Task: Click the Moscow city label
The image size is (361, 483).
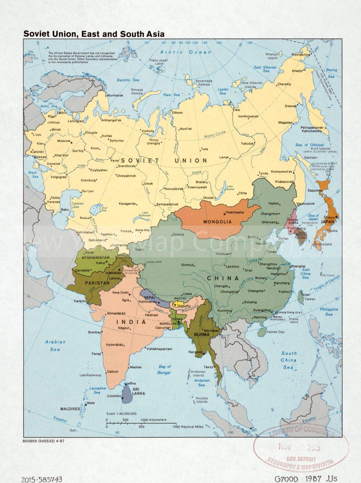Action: click(x=63, y=141)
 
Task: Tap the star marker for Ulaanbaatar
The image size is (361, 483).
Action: click(x=225, y=214)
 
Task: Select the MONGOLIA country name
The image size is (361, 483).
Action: click(x=217, y=222)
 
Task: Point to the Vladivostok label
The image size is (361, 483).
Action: click(x=305, y=204)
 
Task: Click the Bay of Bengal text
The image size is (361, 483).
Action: click(x=164, y=369)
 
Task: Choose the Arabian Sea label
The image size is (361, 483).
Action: click(x=55, y=345)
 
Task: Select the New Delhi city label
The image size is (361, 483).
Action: click(x=121, y=293)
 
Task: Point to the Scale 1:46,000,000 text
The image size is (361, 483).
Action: click(x=121, y=414)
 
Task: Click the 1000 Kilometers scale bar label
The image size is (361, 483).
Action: click(x=153, y=420)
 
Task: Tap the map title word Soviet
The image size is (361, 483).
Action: click(x=36, y=34)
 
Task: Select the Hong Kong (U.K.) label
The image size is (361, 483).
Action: click(x=287, y=312)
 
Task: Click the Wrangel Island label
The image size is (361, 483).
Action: click(x=272, y=56)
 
